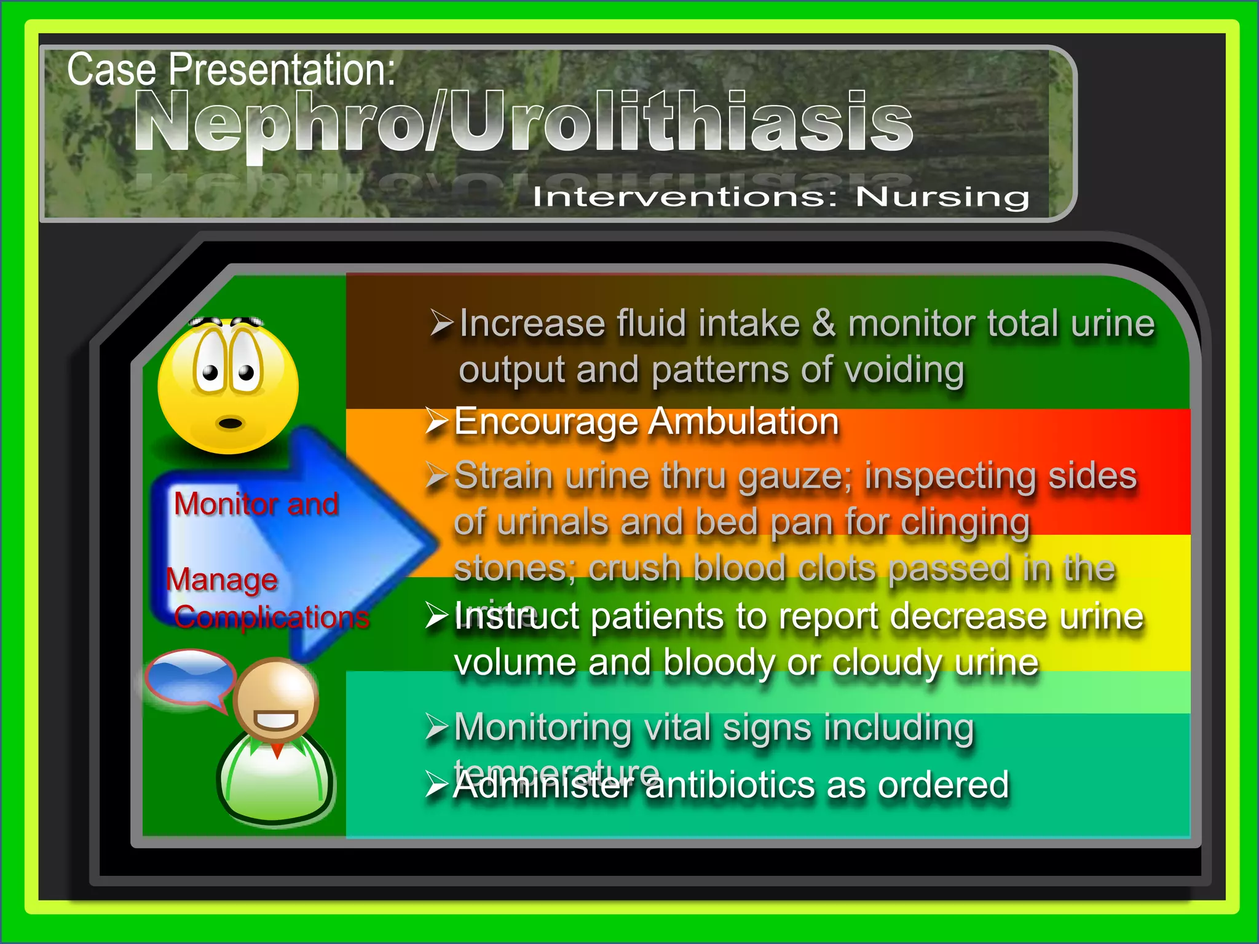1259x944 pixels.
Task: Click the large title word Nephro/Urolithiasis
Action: pos(523,121)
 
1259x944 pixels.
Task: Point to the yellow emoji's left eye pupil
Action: pos(210,372)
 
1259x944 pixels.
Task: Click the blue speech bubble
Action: pos(190,676)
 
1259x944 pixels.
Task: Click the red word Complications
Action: pos(271,616)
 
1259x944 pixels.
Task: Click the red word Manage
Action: pos(222,579)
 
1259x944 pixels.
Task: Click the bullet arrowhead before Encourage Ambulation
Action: pos(437,422)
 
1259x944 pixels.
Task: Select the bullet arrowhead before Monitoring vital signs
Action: pos(437,728)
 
